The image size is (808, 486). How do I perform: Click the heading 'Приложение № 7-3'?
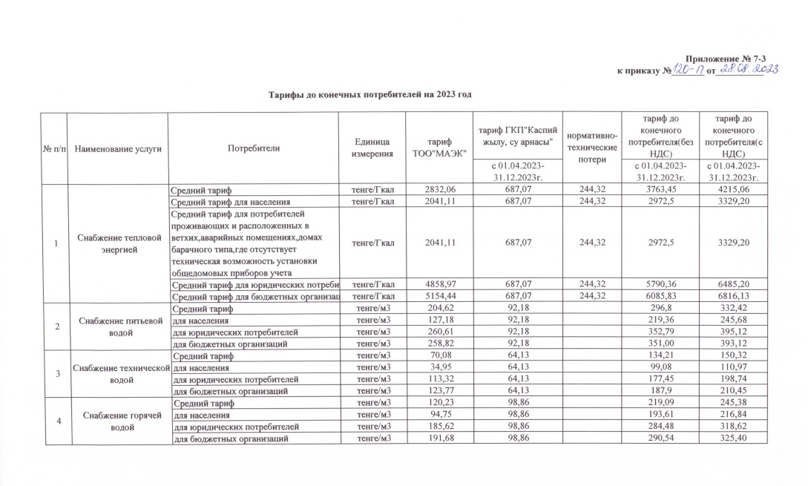(x=720, y=59)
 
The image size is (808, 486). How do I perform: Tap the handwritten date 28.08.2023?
(x=742, y=70)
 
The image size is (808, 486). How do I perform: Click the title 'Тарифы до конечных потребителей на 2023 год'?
(x=369, y=95)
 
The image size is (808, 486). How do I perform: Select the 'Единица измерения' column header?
(x=372, y=148)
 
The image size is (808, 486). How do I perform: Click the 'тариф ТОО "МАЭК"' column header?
(x=434, y=148)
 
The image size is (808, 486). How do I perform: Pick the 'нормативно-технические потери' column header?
(x=588, y=148)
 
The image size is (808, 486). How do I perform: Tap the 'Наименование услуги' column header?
(x=117, y=148)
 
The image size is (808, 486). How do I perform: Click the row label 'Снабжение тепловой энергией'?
(x=117, y=243)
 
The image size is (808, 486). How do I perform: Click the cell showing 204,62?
(x=434, y=308)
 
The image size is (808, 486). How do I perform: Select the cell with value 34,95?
(x=434, y=367)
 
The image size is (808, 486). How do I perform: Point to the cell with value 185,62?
(x=434, y=427)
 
